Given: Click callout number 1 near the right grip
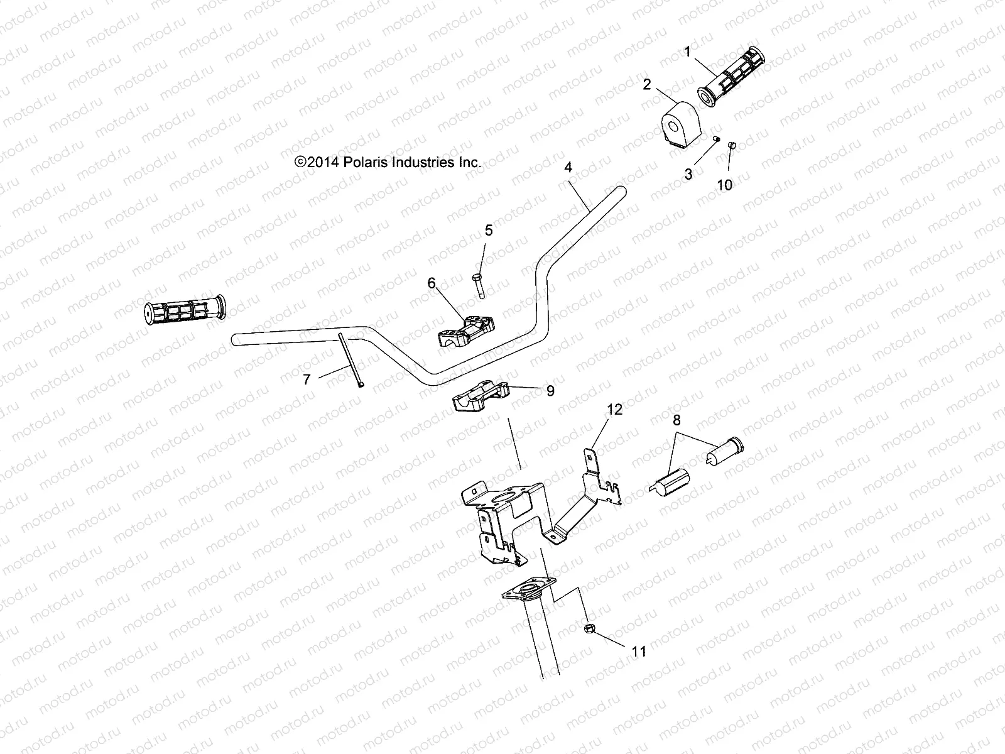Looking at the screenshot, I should pos(687,52).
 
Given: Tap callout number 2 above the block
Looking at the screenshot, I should pos(647,84).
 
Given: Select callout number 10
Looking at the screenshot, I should pos(724,185).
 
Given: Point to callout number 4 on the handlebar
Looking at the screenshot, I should pos(568,167).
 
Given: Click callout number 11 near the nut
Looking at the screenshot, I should pos(639,652).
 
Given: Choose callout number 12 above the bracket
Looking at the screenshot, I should pos(614,410).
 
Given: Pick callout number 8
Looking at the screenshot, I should pos(676,420).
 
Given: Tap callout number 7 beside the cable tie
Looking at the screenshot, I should pos(307,380).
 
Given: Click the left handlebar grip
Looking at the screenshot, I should pos(183,310).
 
